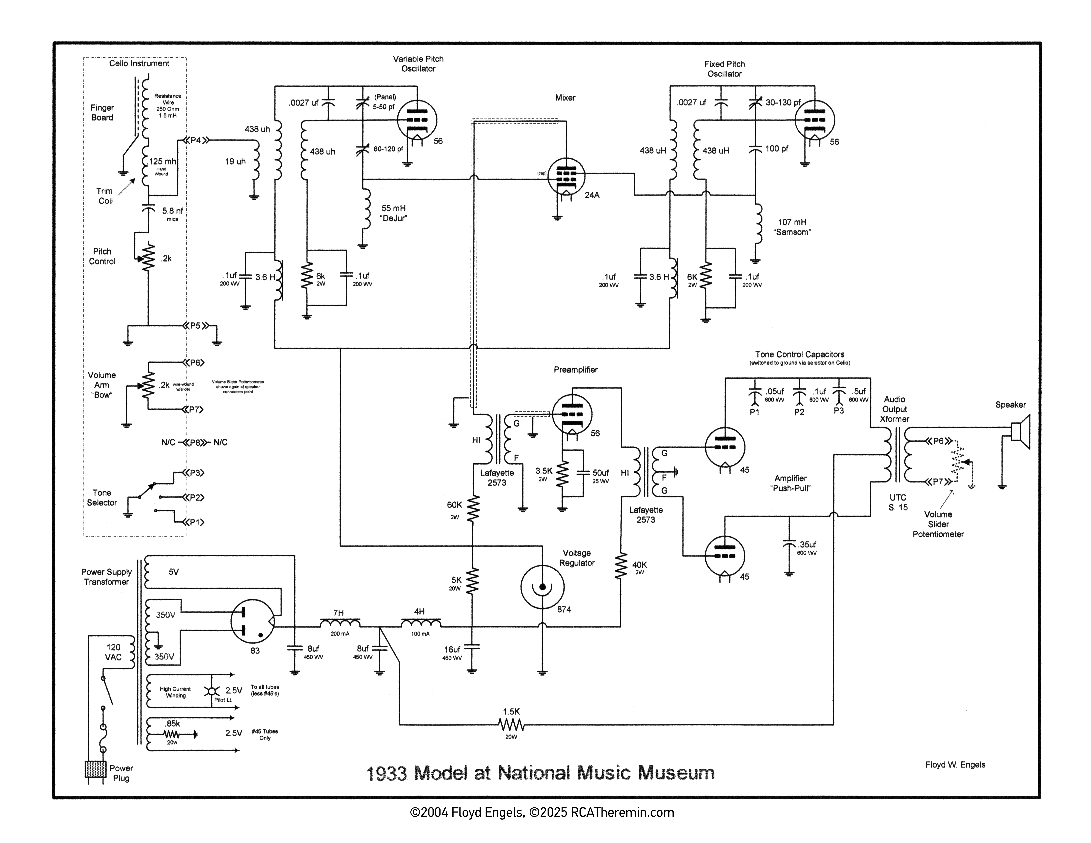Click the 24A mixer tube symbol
(566, 177)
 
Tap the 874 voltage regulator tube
(543, 587)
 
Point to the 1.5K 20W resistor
(511, 724)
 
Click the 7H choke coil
(340, 623)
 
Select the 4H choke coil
(421, 623)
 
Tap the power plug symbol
(95, 770)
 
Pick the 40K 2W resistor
(621, 566)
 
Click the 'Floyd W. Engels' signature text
(955, 765)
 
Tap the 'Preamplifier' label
(575, 370)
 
